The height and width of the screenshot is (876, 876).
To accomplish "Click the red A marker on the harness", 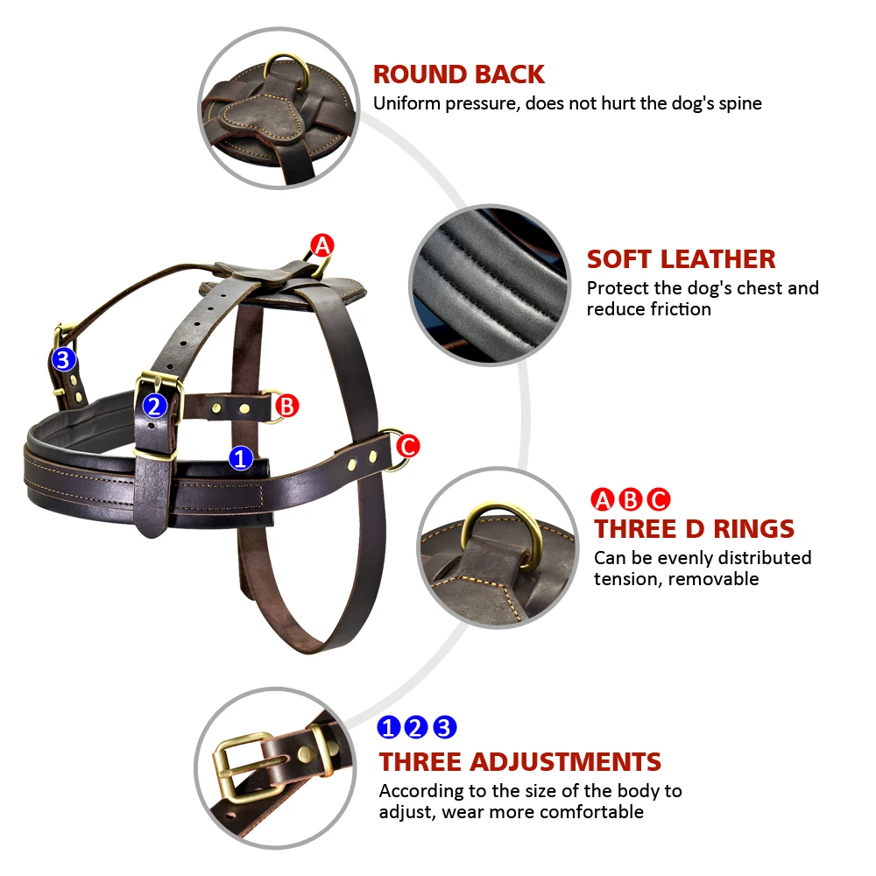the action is click(322, 246).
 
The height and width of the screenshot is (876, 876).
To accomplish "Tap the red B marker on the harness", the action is click(287, 406).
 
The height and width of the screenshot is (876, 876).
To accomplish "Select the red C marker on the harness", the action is click(408, 447).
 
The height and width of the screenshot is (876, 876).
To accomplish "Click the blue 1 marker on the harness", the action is click(241, 458).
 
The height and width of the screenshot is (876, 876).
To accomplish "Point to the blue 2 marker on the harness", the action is click(155, 406).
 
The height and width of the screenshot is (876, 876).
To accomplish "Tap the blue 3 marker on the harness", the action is click(63, 359).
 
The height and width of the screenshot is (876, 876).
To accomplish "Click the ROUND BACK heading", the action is click(459, 74).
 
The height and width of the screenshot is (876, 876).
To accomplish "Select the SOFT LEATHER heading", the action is click(681, 259).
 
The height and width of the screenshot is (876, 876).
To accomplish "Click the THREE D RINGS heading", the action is click(694, 529).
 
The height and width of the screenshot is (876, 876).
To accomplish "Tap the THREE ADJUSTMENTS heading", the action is click(520, 762).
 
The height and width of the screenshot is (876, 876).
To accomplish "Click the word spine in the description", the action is click(740, 104).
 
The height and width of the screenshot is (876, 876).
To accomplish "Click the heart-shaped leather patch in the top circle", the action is click(261, 118).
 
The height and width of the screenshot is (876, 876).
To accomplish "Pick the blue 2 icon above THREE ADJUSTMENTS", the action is click(415, 727).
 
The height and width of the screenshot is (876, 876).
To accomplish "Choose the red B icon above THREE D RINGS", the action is click(631, 499).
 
